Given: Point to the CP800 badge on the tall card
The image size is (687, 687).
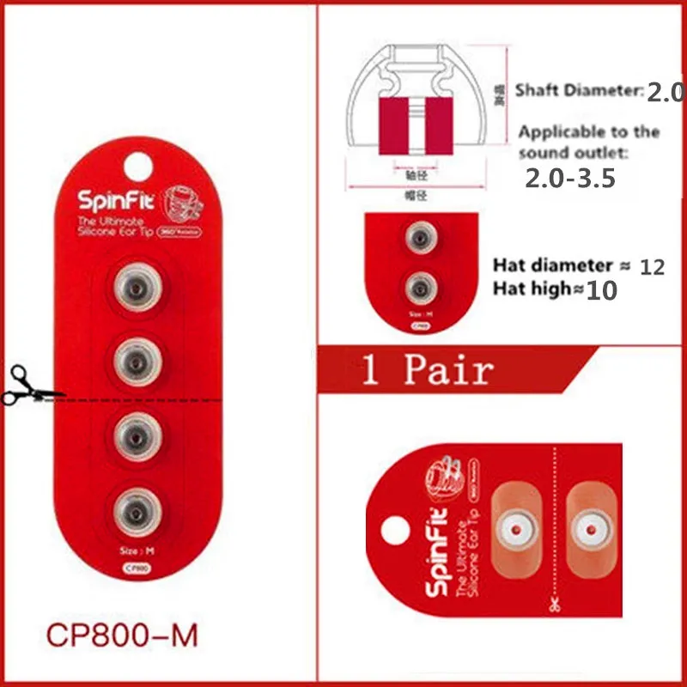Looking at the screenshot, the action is pyautogui.click(x=135, y=567).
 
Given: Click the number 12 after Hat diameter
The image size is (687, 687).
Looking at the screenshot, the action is pyautogui.click(x=652, y=267).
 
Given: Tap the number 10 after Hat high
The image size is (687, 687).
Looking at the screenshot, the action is pyautogui.click(x=600, y=290).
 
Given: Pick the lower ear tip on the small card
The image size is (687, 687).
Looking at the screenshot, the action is pyautogui.click(x=419, y=283).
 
